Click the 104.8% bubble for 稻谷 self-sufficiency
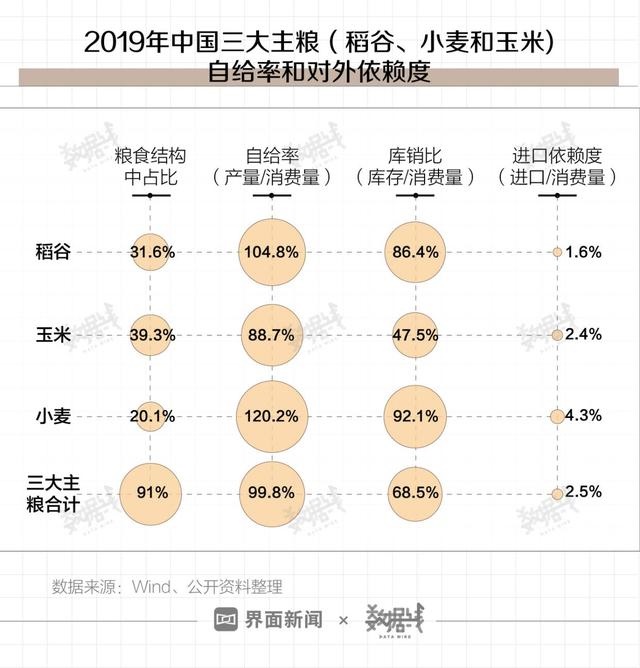click(x=270, y=252)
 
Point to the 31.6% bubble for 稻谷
click(x=151, y=252)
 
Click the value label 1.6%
click(x=583, y=252)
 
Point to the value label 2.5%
click(x=583, y=492)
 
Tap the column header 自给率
click(x=270, y=156)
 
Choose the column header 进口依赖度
click(x=557, y=156)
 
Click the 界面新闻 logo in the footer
click(x=268, y=620)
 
